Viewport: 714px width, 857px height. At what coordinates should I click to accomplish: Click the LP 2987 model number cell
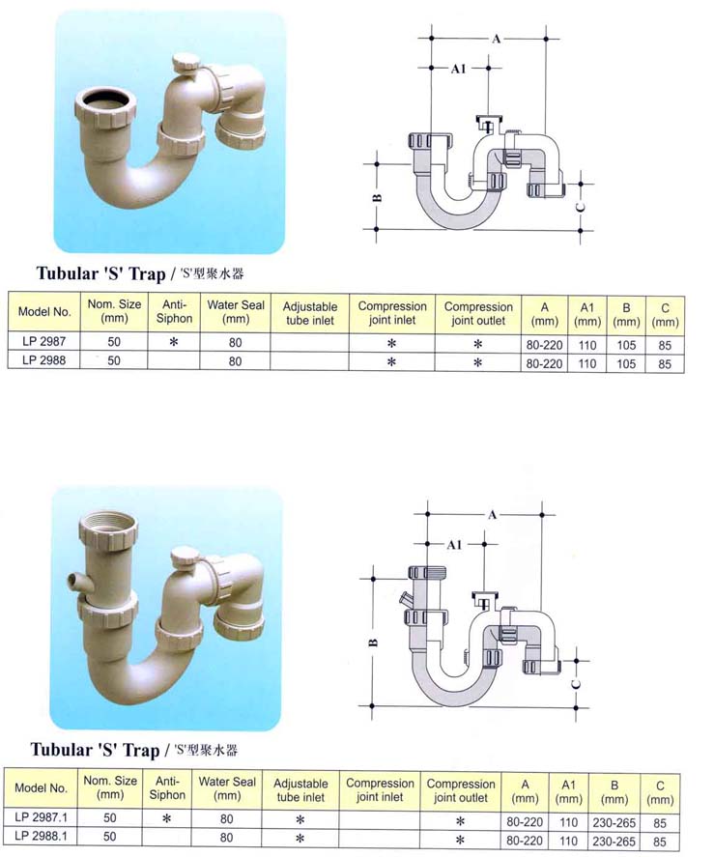(43, 342)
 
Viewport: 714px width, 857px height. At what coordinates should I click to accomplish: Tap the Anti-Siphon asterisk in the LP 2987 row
(174, 342)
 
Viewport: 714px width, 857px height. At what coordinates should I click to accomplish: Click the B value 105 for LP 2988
(626, 364)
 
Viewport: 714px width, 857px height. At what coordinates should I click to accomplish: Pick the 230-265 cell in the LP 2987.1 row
(614, 822)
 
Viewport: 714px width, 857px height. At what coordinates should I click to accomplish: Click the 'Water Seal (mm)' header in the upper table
(235, 312)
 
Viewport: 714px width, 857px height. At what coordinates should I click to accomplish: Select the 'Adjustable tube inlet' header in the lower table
(300, 790)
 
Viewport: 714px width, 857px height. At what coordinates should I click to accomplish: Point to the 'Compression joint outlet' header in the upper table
(478, 314)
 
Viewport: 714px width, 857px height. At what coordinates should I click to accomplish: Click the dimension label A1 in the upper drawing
(458, 69)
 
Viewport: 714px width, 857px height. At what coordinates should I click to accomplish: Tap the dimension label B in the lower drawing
(373, 643)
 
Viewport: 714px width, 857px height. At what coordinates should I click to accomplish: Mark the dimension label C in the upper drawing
(581, 207)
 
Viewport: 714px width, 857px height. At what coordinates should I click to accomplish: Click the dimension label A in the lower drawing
(492, 515)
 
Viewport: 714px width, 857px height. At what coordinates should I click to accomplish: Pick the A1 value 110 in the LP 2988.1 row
(568, 841)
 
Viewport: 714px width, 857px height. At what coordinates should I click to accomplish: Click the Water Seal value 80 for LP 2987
(235, 343)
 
